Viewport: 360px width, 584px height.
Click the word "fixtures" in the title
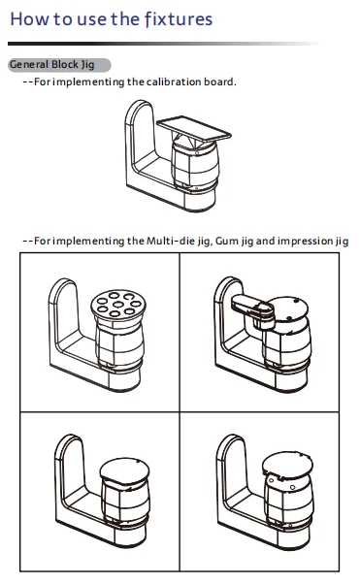point(179,19)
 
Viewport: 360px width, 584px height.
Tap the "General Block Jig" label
point(51,65)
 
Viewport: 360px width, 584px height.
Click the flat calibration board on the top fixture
point(194,128)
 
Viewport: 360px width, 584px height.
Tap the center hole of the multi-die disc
point(118,305)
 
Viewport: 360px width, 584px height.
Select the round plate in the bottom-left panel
point(124,470)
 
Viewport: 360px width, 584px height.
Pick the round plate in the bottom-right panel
point(287,465)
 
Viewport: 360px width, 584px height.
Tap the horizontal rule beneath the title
point(163,44)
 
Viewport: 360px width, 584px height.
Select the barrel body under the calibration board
point(195,164)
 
